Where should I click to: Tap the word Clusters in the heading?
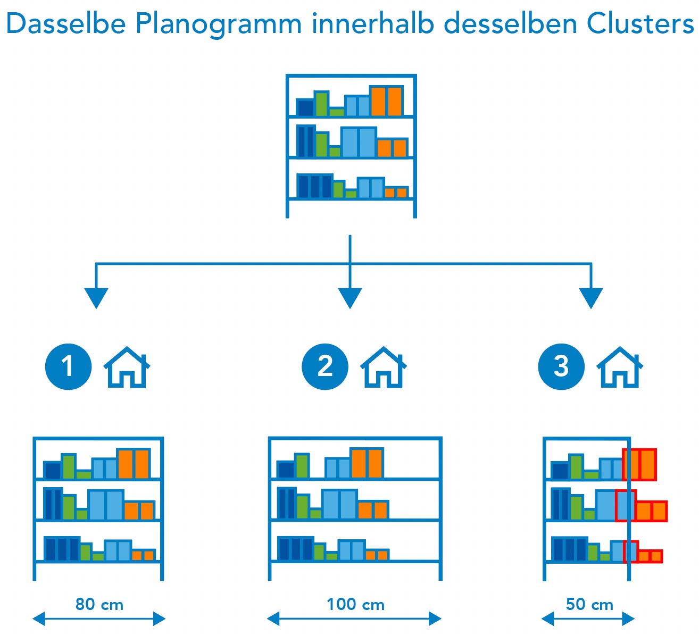pos(640,24)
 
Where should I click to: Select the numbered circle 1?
pos(68,366)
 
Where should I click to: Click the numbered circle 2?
pos(324,366)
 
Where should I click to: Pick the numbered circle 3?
pos(561,366)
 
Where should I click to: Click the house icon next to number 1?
pos(127,367)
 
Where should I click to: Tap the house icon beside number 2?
pos(384,367)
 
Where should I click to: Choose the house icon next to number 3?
pos(620,367)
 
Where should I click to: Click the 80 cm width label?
pos(99,605)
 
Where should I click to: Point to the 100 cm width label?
pos(355,605)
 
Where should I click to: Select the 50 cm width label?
pos(589,605)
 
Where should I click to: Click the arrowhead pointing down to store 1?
pos(96,298)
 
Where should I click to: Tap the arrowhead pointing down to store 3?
pos(591,298)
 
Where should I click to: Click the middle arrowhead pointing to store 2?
pos(350,298)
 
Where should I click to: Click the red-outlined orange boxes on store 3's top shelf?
pos(640,465)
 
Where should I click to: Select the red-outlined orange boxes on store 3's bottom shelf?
pos(650,556)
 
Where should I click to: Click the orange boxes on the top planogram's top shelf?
pos(387,101)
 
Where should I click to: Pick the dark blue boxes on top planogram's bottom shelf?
pos(314,186)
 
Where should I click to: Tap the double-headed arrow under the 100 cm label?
pos(354,619)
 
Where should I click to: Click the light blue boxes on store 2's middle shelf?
pos(339,504)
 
